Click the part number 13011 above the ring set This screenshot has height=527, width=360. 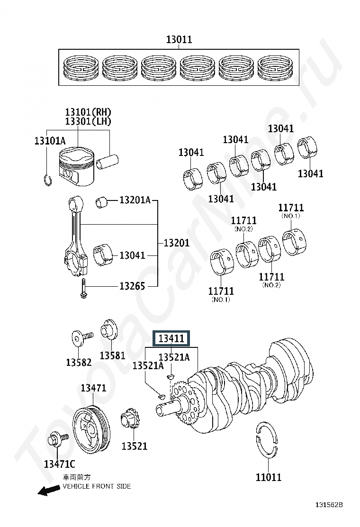point(179,39)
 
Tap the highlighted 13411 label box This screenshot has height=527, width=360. point(171,338)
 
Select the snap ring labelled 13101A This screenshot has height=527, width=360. point(48,181)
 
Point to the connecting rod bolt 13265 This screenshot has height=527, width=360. point(83,288)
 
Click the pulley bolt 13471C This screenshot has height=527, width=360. point(57,438)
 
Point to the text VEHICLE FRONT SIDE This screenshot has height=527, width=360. point(97,486)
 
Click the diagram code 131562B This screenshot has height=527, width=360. point(329,504)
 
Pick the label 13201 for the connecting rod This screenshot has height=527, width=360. point(176,243)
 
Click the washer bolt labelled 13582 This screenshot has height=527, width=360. point(81,338)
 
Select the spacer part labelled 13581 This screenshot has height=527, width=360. point(109,331)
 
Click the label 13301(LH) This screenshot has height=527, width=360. point(88,121)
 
